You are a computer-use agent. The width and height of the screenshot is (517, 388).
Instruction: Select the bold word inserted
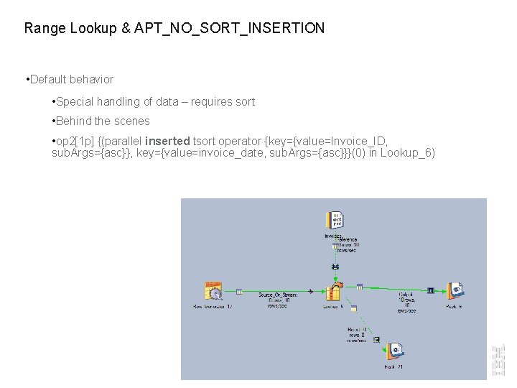coord(167,141)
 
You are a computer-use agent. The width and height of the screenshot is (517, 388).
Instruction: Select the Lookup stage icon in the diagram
coord(333,292)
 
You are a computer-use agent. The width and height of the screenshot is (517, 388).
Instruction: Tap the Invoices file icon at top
coord(334,220)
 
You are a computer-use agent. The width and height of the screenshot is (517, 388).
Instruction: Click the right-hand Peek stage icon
coord(455,291)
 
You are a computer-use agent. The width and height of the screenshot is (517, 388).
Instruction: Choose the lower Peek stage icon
coord(393,351)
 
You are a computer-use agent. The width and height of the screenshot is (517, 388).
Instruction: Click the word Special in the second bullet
coord(76,102)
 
